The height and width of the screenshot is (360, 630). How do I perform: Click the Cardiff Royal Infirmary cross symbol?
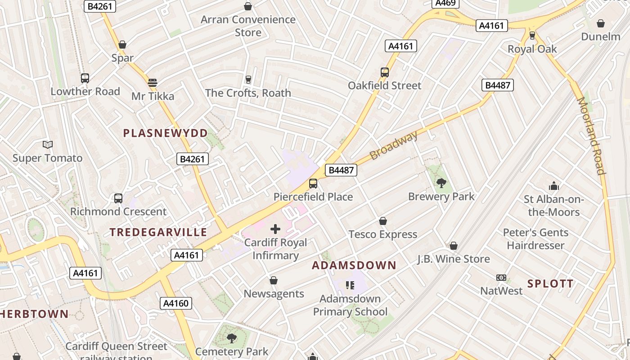[275, 229]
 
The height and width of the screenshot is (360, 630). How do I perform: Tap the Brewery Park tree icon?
[441, 183]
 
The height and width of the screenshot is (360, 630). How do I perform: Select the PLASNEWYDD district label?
[166, 133]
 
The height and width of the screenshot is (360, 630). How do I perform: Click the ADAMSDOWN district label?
[354, 265]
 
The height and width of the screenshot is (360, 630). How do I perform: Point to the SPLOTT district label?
[550, 283]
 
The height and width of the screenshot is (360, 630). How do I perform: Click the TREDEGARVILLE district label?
[158, 232]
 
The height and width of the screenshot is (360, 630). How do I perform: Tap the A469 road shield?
[445, 3]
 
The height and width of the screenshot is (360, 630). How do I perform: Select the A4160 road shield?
[176, 303]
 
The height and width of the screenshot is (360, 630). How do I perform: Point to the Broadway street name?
[393, 145]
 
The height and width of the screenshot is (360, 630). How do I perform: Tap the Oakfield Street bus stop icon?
[385, 72]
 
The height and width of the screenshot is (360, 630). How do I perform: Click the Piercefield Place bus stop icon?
[313, 184]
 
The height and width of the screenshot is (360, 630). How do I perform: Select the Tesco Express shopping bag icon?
[383, 221]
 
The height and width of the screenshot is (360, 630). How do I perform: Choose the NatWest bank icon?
[501, 278]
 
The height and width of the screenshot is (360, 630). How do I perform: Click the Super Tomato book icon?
[48, 144]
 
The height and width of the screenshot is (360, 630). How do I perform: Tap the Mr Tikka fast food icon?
[153, 83]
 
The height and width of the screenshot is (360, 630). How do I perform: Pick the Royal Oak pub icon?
[532, 35]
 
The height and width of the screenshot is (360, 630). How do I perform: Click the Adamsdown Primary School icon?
[350, 285]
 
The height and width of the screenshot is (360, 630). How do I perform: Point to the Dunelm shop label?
[601, 36]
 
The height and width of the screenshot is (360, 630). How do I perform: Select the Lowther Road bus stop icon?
[85, 78]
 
